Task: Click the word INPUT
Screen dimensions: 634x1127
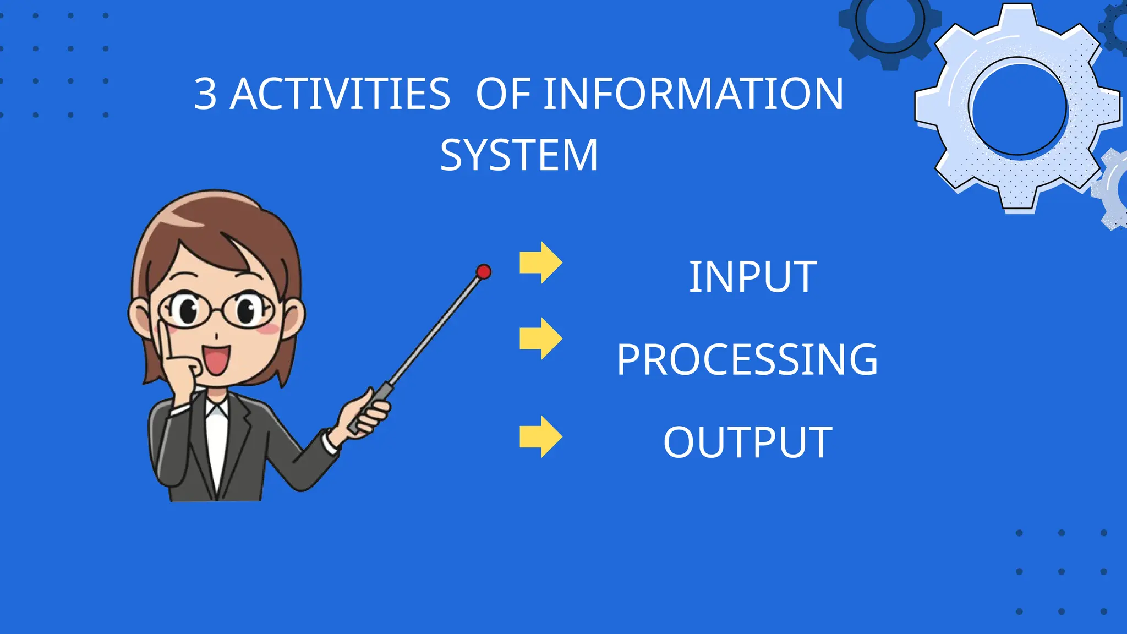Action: pos(752,277)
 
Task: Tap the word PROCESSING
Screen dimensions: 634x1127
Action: pos(747,360)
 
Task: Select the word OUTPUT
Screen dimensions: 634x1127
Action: pos(747,442)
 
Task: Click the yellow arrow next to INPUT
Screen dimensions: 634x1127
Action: pos(540,263)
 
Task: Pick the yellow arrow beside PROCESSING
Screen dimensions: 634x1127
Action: pos(540,338)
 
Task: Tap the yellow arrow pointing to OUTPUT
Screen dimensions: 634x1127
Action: pos(540,436)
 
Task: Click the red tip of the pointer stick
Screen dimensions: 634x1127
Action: pos(484,271)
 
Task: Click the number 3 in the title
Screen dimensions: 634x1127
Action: pos(205,94)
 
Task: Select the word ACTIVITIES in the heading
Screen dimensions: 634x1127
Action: pos(340,94)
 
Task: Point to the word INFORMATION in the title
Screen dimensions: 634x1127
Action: pos(693,94)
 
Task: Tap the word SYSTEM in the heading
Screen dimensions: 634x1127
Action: pos(518,155)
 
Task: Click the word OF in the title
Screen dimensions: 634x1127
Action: pos(503,94)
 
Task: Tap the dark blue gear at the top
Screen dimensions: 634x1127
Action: pos(889,25)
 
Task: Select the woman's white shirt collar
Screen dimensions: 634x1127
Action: pos(216,410)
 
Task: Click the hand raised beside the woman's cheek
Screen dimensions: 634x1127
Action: pos(179,363)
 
